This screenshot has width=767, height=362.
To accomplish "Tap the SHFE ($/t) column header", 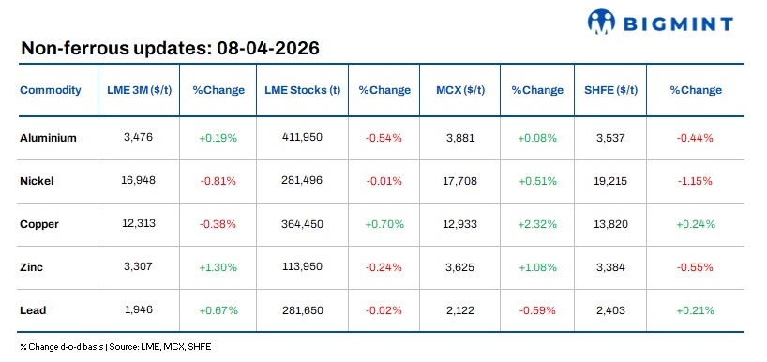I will click(x=610, y=90).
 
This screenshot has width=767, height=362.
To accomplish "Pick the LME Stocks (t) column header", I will click(x=302, y=90).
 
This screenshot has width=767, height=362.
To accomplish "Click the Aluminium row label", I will click(x=48, y=137).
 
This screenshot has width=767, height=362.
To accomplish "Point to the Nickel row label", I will click(x=38, y=180).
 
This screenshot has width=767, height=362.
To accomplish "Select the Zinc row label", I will click(x=33, y=266).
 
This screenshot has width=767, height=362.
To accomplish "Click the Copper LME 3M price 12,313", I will click(x=138, y=223).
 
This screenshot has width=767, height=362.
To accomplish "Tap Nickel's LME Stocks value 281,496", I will click(x=302, y=180).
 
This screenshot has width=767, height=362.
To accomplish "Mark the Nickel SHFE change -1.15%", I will click(x=695, y=180).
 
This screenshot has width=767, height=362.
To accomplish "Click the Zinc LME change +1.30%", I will click(x=218, y=266).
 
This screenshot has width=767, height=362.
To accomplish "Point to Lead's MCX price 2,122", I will click(x=460, y=309).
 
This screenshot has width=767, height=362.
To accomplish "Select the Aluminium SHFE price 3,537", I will click(x=610, y=137).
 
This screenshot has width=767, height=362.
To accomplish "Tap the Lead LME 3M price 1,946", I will click(x=138, y=309).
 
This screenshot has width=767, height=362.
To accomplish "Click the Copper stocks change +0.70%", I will click(x=383, y=223).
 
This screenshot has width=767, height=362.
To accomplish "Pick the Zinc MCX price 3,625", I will click(x=460, y=266).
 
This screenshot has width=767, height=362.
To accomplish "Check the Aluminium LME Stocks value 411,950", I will click(x=302, y=137).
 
